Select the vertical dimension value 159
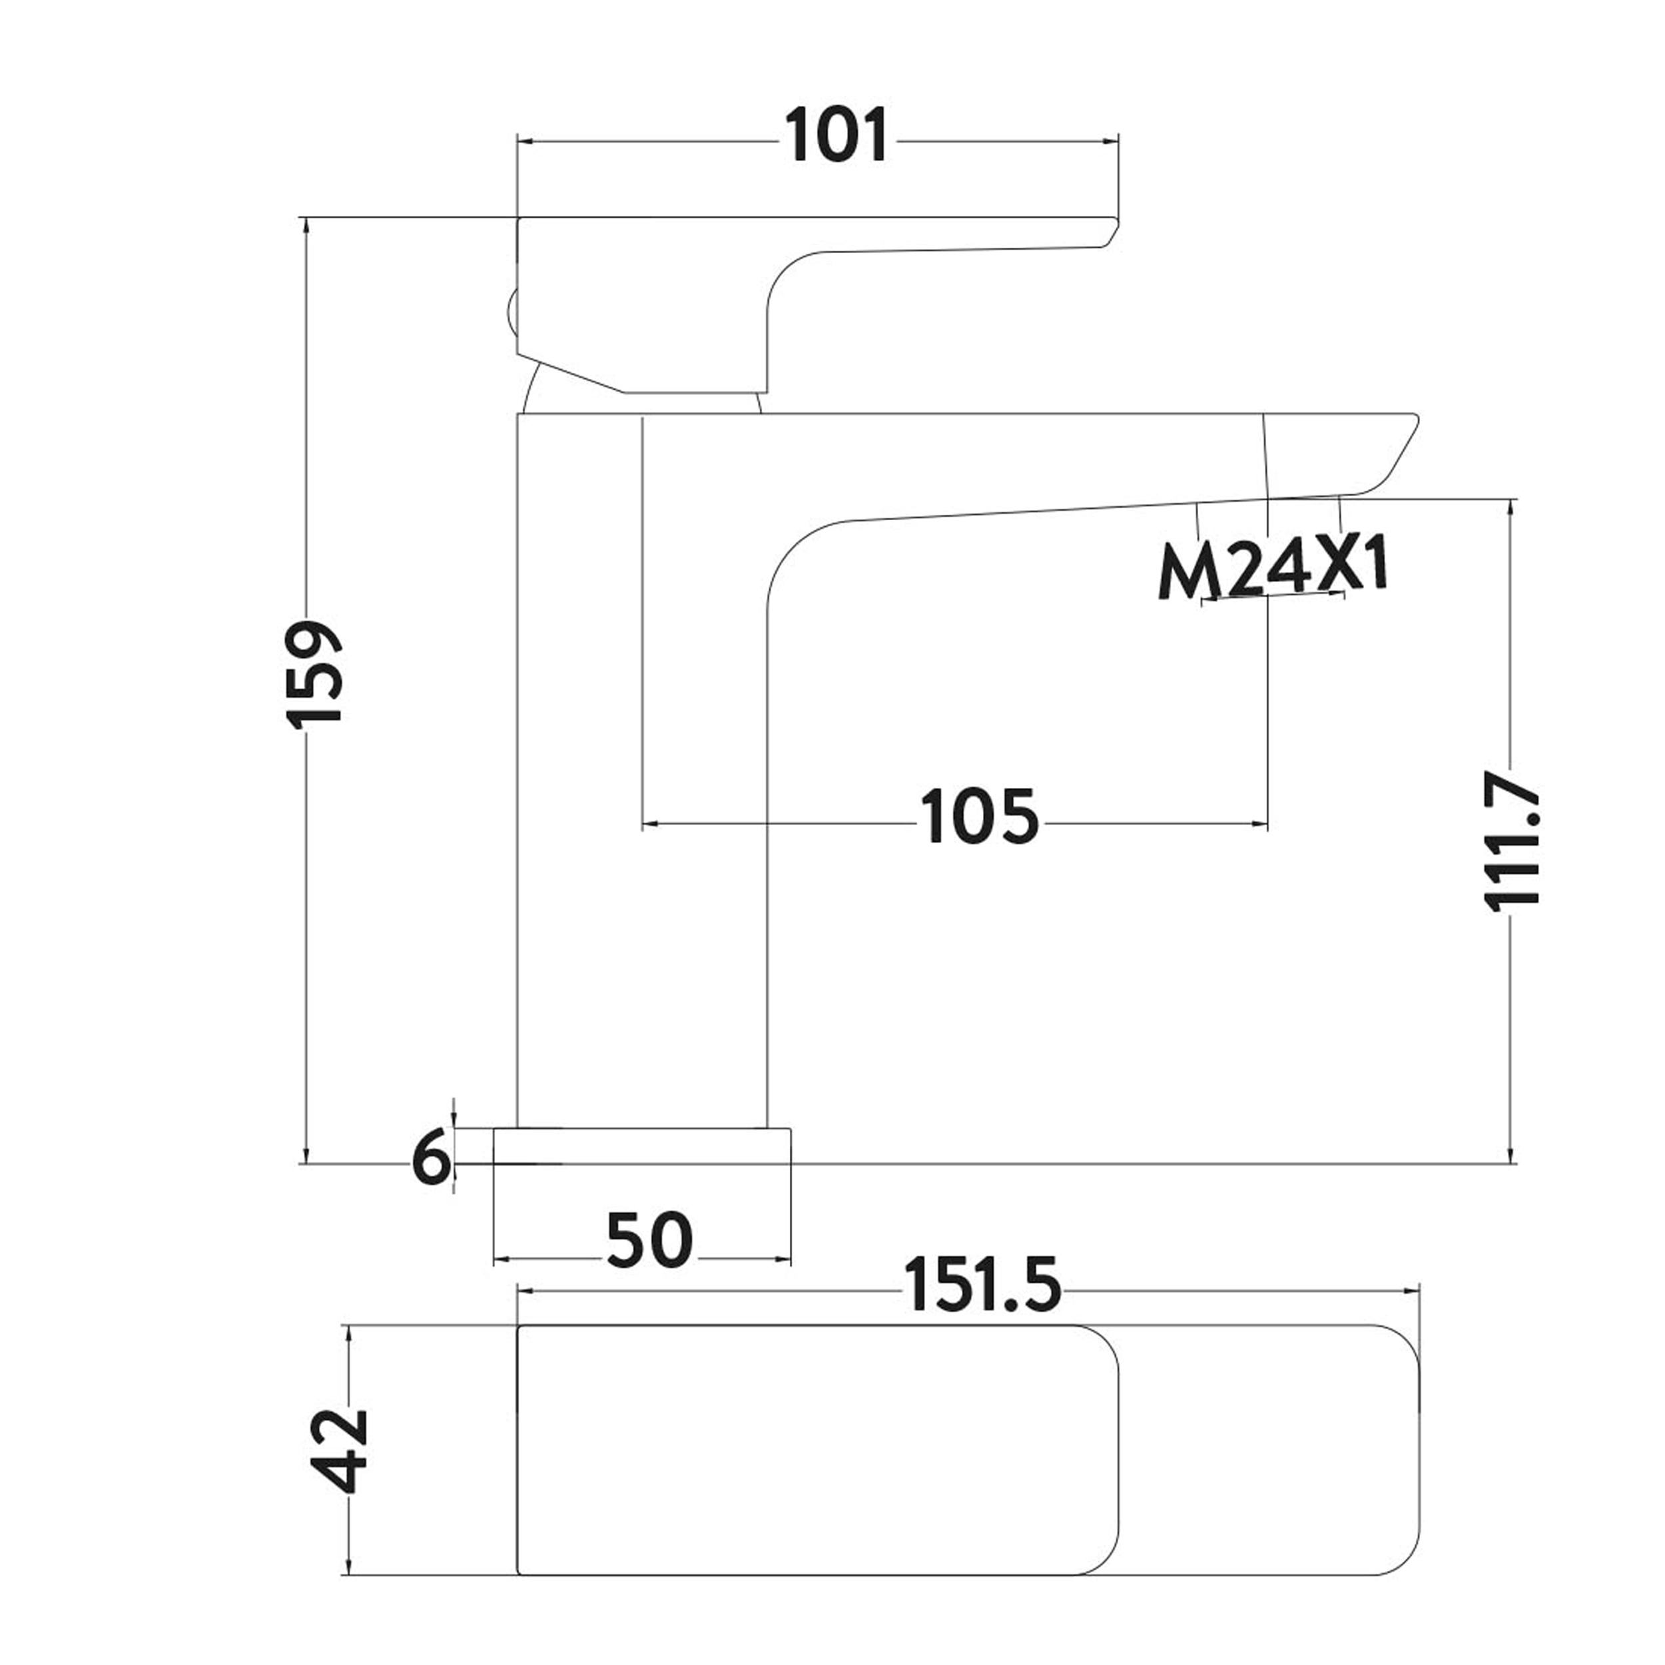coord(314,675)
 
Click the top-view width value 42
coord(340,1451)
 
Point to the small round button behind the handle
coord(510,314)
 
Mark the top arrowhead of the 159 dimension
coord(306,226)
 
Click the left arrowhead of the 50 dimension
coord(501,1260)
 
